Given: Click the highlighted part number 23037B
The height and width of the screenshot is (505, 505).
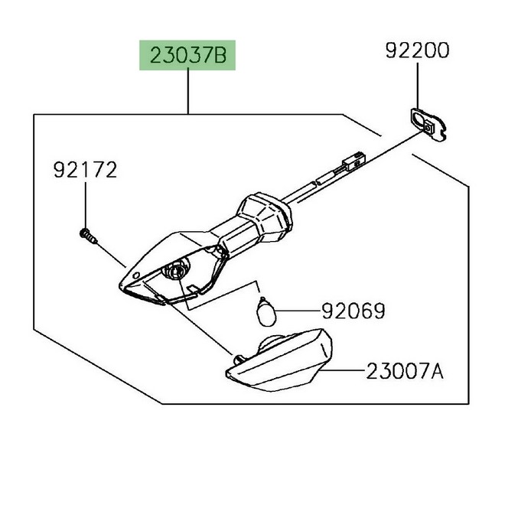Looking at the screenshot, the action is (188, 55).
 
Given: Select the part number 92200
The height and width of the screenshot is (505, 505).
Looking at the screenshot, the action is (417, 50).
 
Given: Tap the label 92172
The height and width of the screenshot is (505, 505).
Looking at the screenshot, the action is (85, 170).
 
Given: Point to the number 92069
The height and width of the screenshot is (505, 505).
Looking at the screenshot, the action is (353, 311).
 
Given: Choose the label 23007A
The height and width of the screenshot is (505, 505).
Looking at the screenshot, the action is (405, 371).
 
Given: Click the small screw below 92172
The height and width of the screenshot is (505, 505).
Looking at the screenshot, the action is (87, 236).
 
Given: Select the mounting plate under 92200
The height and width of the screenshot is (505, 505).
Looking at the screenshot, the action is (428, 124).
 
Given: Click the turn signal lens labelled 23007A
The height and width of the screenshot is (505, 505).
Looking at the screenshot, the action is (279, 360).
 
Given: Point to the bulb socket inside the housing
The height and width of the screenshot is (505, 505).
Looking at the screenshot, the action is (175, 271).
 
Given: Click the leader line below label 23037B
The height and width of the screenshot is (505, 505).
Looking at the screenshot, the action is (188, 92).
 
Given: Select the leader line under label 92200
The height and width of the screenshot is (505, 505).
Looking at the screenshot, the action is (418, 86).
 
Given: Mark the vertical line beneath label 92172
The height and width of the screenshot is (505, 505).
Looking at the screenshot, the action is (86, 205).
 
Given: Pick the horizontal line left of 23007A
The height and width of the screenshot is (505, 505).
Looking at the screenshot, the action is (342, 370).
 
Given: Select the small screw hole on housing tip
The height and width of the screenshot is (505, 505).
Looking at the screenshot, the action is (136, 275).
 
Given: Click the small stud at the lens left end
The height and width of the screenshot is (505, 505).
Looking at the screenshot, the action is (238, 359).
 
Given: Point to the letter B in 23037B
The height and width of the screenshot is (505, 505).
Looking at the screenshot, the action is (220, 55).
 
